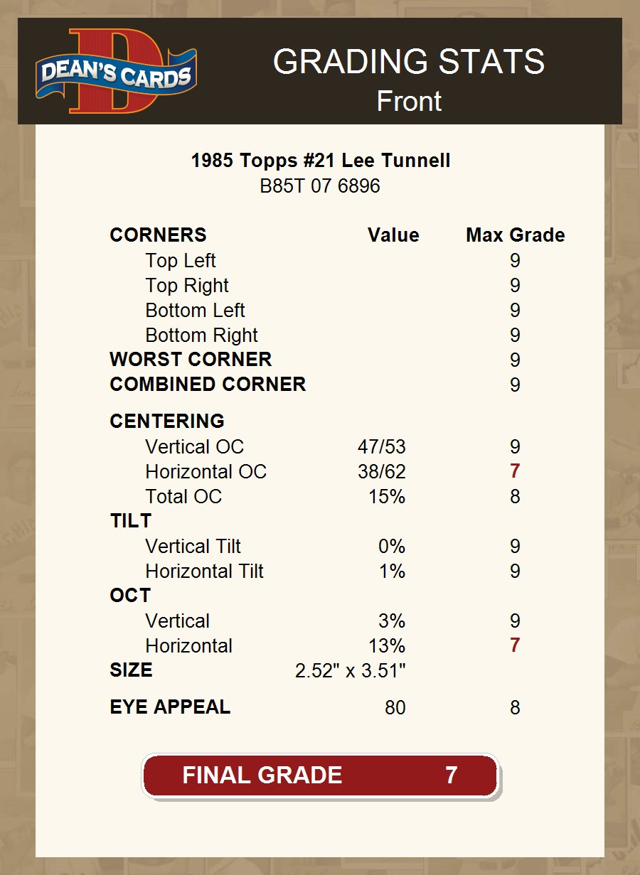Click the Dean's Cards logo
click(x=117, y=71)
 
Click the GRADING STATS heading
click(x=409, y=62)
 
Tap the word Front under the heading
click(x=409, y=101)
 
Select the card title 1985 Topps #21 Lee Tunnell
click(x=320, y=161)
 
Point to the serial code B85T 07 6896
click(x=320, y=186)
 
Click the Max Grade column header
click(x=516, y=235)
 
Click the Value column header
click(x=393, y=235)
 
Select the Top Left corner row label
click(x=181, y=261)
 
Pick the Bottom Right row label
click(x=201, y=335)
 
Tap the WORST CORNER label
click(x=191, y=360)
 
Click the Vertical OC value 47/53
click(x=382, y=447)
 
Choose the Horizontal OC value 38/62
click(x=382, y=472)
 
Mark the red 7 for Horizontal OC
click(x=515, y=472)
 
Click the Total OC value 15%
click(x=387, y=497)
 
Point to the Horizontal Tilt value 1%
click(x=392, y=571)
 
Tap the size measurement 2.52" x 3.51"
click(x=351, y=671)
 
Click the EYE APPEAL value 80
click(x=395, y=708)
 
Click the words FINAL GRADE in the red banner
click(x=262, y=775)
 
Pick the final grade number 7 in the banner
click(x=451, y=775)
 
